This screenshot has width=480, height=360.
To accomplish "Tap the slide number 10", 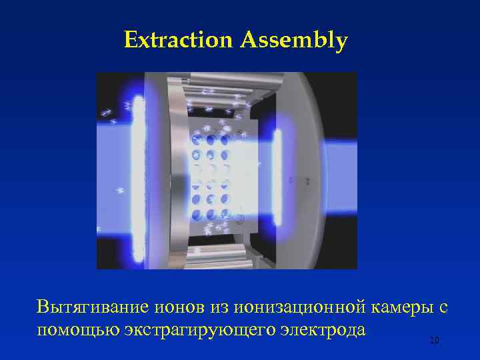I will coord(434,341).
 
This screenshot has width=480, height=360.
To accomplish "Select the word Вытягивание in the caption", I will coord(93,307).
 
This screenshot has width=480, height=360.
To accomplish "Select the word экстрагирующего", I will coord(195,329).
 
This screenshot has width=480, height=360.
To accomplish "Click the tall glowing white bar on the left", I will coord(139,177).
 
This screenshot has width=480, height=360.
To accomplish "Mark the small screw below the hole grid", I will coord(238,216).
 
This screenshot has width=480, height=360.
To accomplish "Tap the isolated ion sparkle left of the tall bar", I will coord(121,191).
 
